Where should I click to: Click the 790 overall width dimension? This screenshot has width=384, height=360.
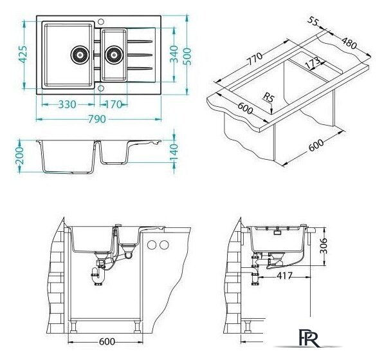[x=97, y=119]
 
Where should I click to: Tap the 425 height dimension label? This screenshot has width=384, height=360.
[x=23, y=55]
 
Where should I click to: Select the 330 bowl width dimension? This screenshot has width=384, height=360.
[x=68, y=105]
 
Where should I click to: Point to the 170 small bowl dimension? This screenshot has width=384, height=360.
[x=114, y=105]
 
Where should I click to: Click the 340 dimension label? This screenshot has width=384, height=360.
[x=174, y=54]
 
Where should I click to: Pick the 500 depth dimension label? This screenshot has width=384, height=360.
[x=187, y=57]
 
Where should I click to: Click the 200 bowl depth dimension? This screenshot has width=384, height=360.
[x=19, y=156]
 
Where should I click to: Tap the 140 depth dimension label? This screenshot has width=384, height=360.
[x=174, y=153]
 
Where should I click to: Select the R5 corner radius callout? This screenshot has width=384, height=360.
[x=269, y=99]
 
